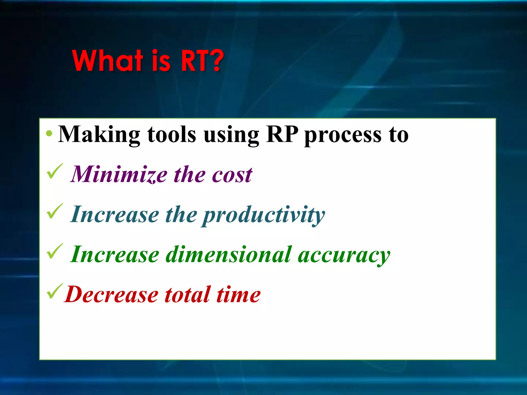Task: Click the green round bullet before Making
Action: tap(49, 133)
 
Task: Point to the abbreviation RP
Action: tap(282, 134)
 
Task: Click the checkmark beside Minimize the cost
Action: tap(55, 172)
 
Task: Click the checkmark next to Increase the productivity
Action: tap(55, 211)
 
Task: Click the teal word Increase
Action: tap(115, 214)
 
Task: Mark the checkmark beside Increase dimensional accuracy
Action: tap(55, 251)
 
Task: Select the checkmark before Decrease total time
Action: tap(55, 291)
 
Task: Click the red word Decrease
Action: tap(112, 294)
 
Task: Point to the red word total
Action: tap(188, 294)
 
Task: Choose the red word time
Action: tap(239, 294)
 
